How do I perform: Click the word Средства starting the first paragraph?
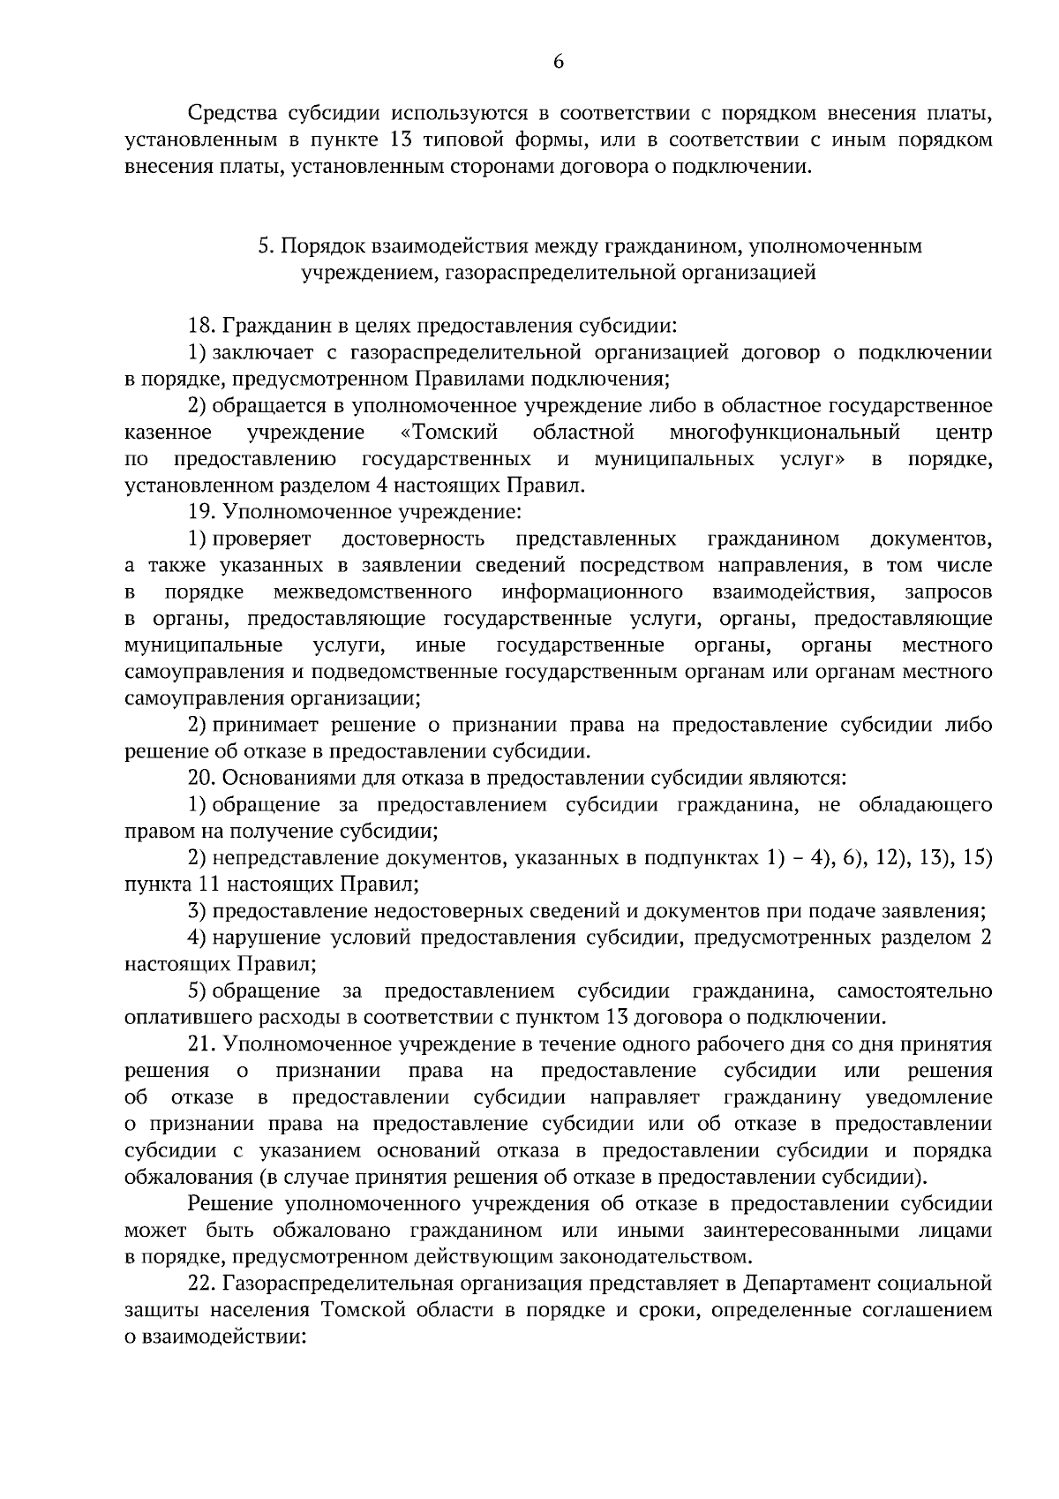[230, 114]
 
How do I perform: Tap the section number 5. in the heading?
[267, 246]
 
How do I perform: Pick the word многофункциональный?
[785, 433]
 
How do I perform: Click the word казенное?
[168, 433]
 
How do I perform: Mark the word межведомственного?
[372, 591]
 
